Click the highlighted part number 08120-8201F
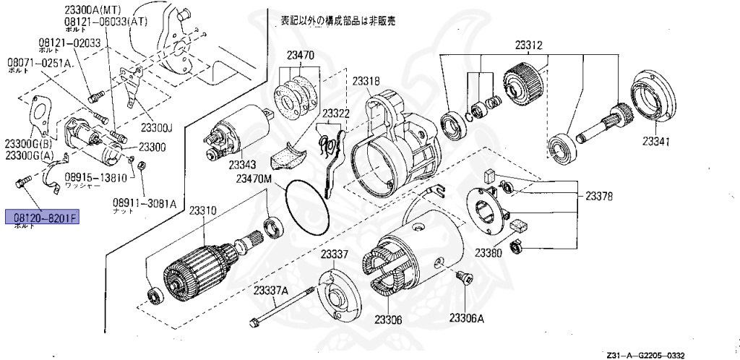41,216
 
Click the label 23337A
271,290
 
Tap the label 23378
599,195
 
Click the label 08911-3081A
145,203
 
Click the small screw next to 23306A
462,277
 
